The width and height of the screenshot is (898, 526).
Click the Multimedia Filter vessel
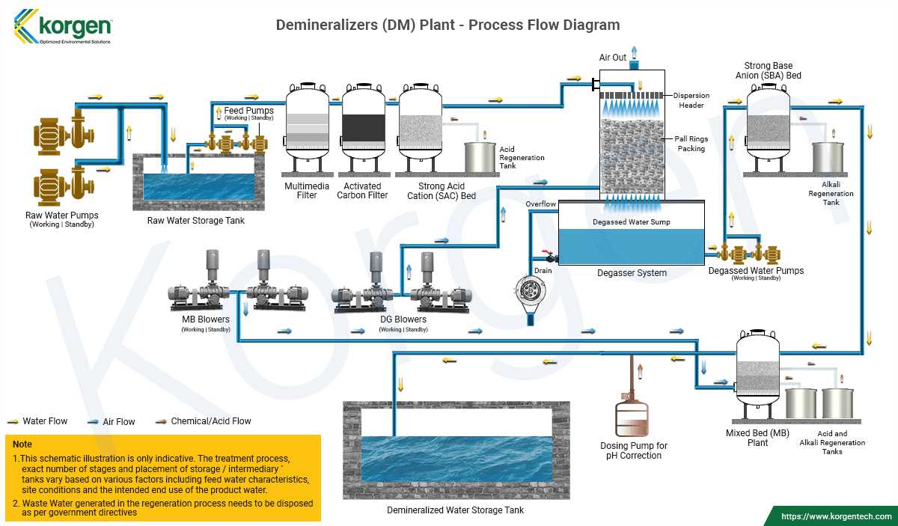pos(308,123)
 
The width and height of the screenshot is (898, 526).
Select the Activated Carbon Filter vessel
pos(364,123)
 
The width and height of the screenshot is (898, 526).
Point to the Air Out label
pos(613,58)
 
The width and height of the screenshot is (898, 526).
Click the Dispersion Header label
pos(691,100)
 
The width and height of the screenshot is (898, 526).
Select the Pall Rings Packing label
pos(691,144)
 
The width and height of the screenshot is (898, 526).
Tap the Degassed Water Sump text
pos(632,222)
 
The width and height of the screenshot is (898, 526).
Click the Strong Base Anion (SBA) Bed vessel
pos(769,123)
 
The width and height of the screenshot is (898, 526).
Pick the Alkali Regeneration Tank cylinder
pos(828,158)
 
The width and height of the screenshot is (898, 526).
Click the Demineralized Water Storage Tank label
pos(455,510)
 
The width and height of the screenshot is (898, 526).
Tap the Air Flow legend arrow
pos(93,422)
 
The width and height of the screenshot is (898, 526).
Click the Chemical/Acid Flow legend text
pos(211,421)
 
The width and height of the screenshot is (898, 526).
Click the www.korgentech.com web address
pos(837,516)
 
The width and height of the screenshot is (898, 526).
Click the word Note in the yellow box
pos(22,444)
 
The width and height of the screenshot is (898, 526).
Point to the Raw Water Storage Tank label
pos(195,221)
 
